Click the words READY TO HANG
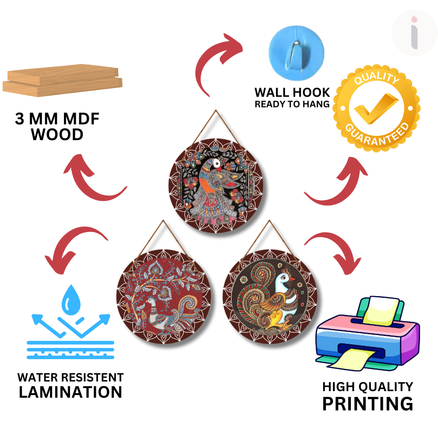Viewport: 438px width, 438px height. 292,104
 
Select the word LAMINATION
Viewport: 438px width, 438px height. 70,392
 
